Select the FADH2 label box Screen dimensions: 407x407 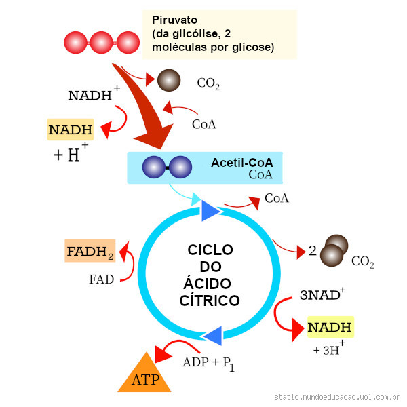(x=90, y=252)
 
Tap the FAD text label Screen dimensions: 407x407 (x=101, y=279)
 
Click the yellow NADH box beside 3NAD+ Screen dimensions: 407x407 (x=330, y=328)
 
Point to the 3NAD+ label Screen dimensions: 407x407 (x=322, y=295)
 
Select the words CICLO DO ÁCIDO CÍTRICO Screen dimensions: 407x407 (x=210, y=275)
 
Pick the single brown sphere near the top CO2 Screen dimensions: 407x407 (x=169, y=80)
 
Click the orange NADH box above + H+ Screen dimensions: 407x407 (x=71, y=129)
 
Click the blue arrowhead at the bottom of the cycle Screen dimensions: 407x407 (x=213, y=334)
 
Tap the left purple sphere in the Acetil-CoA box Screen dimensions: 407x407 (x=154, y=167)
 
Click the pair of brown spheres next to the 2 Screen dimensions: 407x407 (x=334, y=250)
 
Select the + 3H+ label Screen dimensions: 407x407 (x=329, y=350)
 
